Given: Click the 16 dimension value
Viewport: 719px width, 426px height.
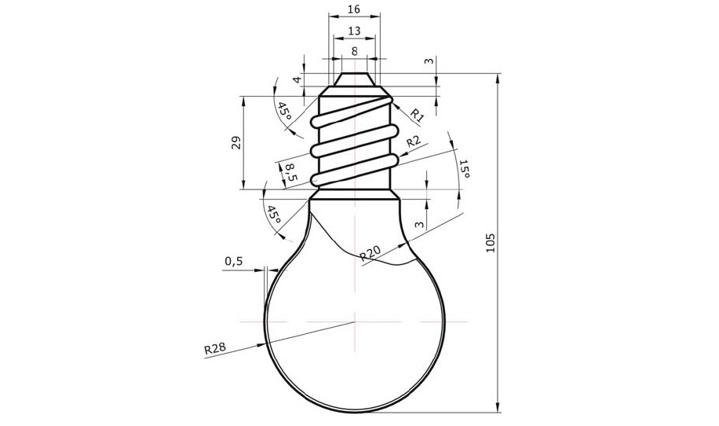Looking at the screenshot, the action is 354,9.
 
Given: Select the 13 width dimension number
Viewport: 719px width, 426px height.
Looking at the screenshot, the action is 354,31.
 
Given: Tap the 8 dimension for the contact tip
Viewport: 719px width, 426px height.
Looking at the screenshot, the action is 355,51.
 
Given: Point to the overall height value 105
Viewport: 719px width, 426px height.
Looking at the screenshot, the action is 490,242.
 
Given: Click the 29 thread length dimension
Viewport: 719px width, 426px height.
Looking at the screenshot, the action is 236,143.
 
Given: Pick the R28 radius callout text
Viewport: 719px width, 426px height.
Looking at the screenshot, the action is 215,348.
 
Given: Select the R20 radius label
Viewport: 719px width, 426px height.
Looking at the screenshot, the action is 370,253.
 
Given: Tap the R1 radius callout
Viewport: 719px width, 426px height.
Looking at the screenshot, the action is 416,115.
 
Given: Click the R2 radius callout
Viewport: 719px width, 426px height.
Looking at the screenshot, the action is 414,141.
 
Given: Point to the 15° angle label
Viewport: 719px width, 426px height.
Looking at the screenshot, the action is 464,169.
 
